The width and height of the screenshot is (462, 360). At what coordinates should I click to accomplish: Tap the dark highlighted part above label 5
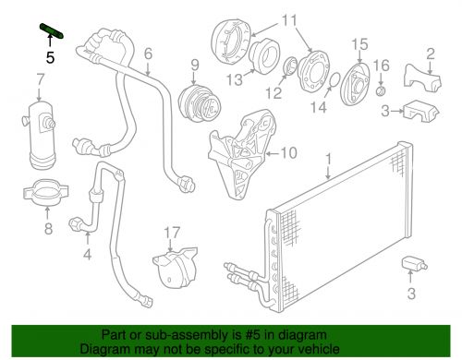click(52, 33)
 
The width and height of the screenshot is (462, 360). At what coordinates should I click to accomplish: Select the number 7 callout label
click(40, 91)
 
